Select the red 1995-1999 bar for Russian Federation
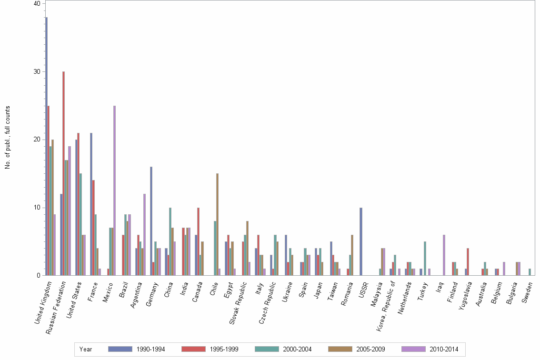[64, 173]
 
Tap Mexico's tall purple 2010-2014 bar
[114, 190]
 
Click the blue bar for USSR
[361, 241]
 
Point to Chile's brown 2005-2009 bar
[218, 224]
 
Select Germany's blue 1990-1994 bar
[151, 221]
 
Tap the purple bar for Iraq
[444, 255]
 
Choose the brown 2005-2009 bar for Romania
[352, 255]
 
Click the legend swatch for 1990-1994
[120, 349]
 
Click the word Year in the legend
[86, 350]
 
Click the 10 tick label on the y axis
[37, 208]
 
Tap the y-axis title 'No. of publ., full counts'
[8, 138]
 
